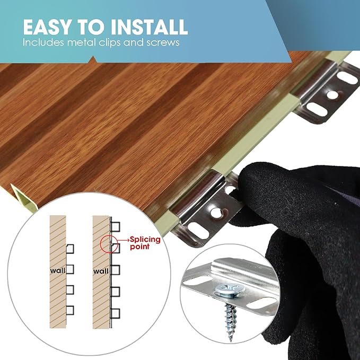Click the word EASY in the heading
pos(47,27)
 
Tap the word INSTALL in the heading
pos(150,27)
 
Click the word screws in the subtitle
pos(163,43)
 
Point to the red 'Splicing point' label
pos(145,243)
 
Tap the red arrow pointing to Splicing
pos(124,240)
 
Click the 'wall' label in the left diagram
pos(58,271)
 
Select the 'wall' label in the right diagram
pos(101,271)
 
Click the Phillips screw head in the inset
pos(230,289)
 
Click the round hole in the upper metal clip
pos(332,95)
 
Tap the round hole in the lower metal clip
pos(216,213)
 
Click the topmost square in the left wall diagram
pos(70,249)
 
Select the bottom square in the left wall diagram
pos(70,310)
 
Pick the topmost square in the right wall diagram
pos(116,226)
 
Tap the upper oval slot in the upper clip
pos(347,78)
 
